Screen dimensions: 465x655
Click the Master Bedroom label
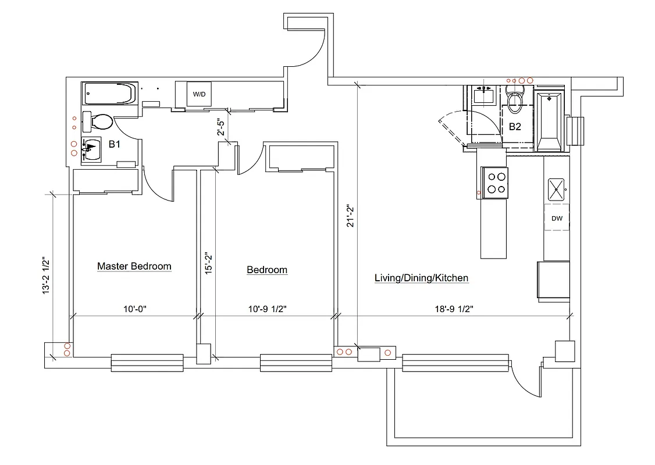point(134,266)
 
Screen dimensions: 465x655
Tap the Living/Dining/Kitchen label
point(421,278)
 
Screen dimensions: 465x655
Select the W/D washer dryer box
point(199,94)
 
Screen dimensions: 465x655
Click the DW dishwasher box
point(557,218)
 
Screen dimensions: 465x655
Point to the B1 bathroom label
point(114,144)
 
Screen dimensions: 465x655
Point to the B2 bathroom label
point(515,126)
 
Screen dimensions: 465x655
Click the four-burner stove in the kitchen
point(495,183)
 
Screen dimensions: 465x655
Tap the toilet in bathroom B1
point(99,121)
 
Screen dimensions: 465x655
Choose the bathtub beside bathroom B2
point(549,121)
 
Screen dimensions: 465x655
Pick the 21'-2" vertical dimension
point(350,216)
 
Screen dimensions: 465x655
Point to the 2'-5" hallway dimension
point(220,127)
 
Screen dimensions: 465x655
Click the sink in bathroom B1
point(92,149)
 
